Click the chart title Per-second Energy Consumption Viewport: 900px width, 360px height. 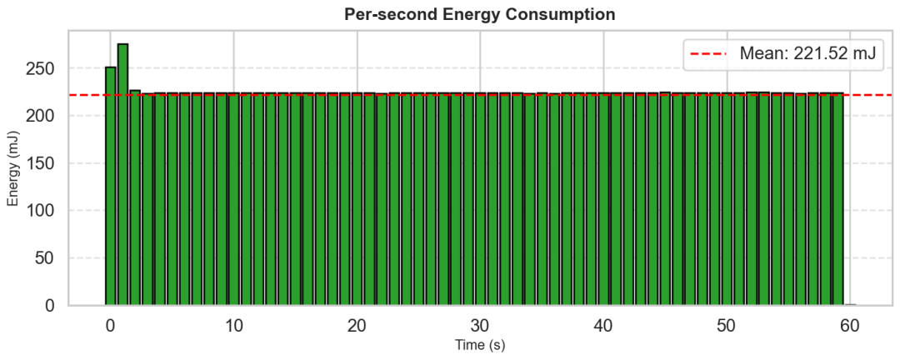tap(479, 14)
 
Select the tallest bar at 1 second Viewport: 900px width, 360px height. tap(122, 174)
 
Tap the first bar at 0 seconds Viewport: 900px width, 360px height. tap(111, 186)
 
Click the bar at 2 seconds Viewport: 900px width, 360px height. tap(135, 197)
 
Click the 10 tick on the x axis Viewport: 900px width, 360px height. tap(233, 326)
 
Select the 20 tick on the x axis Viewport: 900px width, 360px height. tap(357, 326)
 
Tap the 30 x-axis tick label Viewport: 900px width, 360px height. tap(480, 326)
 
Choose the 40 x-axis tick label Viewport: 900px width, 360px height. tap(603, 326)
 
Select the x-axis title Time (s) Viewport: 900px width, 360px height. tap(480, 346)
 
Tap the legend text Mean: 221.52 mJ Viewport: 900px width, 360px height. tap(807, 54)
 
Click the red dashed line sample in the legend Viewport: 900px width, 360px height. tap(709, 54)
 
